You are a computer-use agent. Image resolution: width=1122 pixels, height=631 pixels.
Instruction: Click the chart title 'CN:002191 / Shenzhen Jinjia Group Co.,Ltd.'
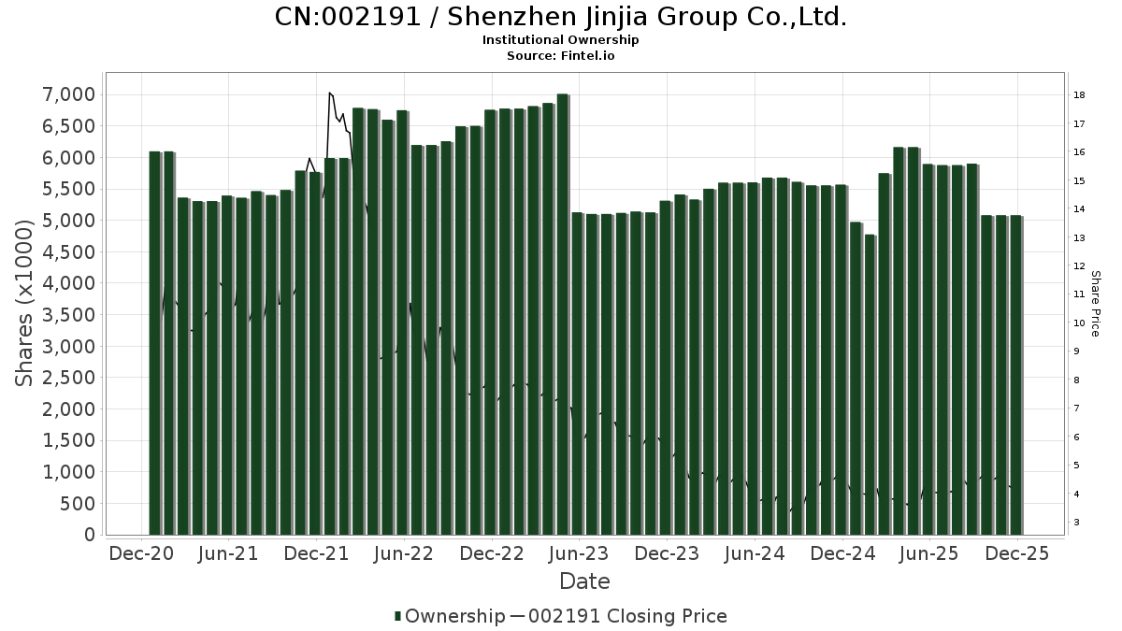tap(561, 17)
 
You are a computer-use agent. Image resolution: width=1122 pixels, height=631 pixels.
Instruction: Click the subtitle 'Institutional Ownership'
tap(561, 40)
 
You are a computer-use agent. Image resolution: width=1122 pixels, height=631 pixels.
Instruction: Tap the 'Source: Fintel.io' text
tap(561, 55)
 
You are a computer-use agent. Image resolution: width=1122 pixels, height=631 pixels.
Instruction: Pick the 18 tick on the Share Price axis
tap(1078, 95)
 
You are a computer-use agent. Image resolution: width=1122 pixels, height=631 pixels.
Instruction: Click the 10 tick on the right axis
tap(1078, 323)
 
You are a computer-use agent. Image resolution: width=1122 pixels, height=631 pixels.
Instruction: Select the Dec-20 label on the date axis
tap(141, 554)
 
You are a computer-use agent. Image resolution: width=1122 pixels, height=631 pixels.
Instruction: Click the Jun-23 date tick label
tap(580, 554)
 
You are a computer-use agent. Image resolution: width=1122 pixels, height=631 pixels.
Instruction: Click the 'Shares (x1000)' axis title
tap(25, 302)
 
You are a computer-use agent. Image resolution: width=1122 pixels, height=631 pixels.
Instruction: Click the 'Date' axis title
tap(584, 581)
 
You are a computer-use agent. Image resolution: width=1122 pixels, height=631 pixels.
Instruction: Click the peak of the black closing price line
tap(329, 93)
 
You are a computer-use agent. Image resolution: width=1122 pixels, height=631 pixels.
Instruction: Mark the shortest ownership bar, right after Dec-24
tap(870, 383)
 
